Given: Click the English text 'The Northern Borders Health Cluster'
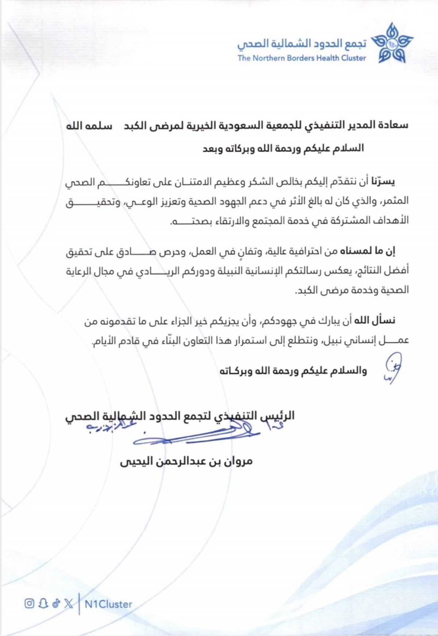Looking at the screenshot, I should (x=301, y=58).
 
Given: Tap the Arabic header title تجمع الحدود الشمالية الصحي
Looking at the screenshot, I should (x=301, y=44).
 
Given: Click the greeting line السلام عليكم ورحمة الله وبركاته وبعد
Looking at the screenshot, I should (x=283, y=149).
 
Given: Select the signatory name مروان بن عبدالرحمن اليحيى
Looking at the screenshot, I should (x=186, y=461).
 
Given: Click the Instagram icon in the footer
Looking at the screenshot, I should (x=29, y=603).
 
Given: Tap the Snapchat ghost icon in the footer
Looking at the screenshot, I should (x=43, y=603).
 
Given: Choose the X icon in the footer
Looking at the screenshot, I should (x=68, y=603).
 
